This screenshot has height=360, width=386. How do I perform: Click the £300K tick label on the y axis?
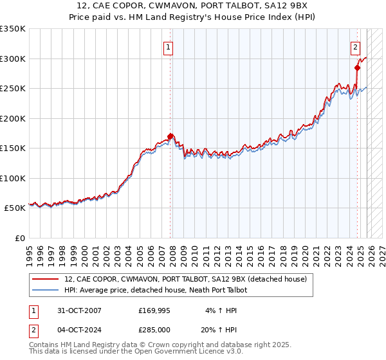click(13, 59)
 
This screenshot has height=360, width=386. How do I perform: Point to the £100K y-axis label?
click(13, 178)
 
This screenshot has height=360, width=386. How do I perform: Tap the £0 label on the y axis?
click(19, 238)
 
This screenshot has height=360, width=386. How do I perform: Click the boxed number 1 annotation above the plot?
click(168, 46)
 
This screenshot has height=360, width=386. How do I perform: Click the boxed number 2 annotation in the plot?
click(355, 46)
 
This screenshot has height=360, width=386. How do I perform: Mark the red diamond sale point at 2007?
click(170, 136)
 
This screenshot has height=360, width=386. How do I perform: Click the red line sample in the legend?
click(46, 279)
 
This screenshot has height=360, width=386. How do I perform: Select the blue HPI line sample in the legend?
click(46, 290)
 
